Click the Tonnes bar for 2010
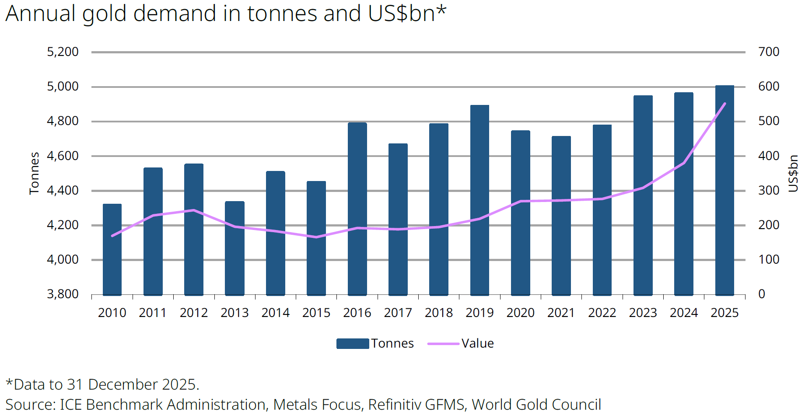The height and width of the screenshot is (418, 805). (112, 250)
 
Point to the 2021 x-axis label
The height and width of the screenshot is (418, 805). (561, 313)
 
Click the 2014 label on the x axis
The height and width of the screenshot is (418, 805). (275, 313)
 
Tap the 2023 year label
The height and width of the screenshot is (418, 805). (643, 313)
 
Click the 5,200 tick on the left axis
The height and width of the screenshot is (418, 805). (63, 52)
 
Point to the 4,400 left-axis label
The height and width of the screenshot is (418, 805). (63, 190)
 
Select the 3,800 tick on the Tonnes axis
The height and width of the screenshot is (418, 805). (63, 294)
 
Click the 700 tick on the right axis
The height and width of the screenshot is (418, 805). (769, 52)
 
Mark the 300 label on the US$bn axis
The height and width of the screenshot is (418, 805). (769, 190)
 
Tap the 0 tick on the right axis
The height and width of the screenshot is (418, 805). (762, 294)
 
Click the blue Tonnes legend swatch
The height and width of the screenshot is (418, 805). (353, 344)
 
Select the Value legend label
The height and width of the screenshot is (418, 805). (477, 343)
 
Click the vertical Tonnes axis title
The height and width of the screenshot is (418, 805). (34, 173)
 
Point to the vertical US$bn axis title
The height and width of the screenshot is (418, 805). (793, 173)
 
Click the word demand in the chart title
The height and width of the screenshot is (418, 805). (175, 13)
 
